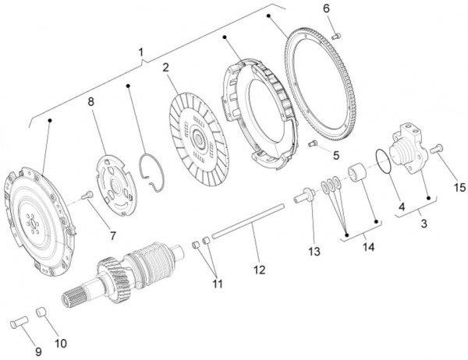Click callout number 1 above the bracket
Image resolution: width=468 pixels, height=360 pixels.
tap(141, 52)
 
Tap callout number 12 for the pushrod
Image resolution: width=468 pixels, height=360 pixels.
tap(260, 270)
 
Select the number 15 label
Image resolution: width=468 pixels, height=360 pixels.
tap(459, 187)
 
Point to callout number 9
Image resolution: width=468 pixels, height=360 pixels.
tap(38, 351)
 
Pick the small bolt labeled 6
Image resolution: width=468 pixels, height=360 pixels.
tap(336, 36)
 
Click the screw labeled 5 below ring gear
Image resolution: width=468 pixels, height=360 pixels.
tap(312, 143)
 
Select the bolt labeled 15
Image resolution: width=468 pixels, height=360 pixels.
tap(436, 149)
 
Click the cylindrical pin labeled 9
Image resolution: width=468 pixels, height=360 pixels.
tap(19, 322)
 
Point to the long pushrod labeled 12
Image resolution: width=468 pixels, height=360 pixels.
tap(248, 221)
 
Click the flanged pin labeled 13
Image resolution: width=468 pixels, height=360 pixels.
tap(305, 196)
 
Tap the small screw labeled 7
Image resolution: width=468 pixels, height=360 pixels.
tap(87, 196)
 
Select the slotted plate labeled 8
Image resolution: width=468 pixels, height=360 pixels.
tap(115, 185)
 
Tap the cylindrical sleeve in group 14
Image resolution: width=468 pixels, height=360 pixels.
tap(357, 173)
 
